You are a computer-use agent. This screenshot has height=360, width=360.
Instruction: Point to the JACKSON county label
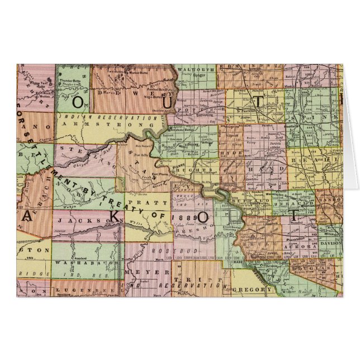click(81, 221)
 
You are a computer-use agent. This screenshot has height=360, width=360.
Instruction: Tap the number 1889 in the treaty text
click(183, 216)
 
